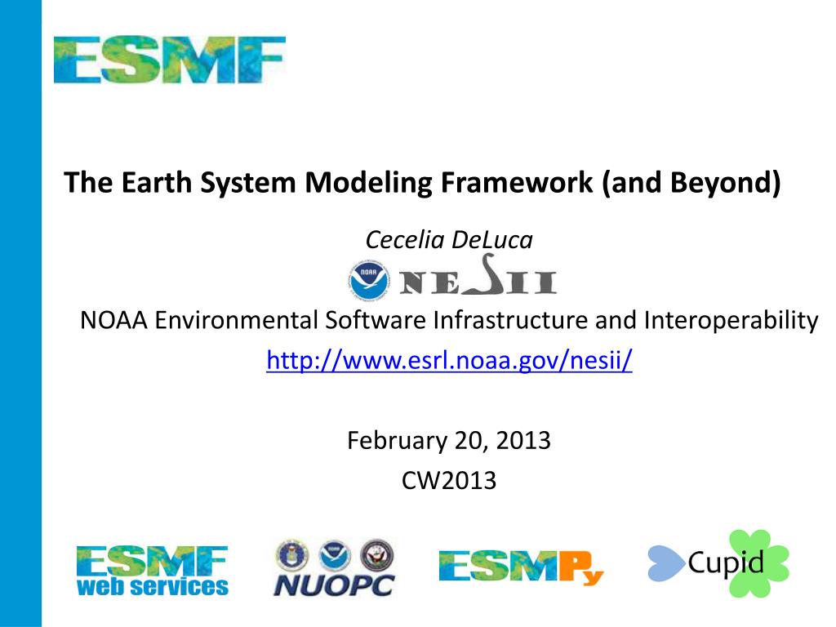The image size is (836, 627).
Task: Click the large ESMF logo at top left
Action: pyautogui.click(x=169, y=60)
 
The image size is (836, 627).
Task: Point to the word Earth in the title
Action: pyautogui.click(x=151, y=182)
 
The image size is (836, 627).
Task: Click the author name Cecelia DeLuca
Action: pyautogui.click(x=448, y=240)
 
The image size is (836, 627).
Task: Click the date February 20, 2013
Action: pyautogui.click(x=448, y=441)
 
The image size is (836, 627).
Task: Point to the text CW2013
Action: pyautogui.click(x=448, y=480)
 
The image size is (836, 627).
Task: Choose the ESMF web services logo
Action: pyautogui.click(x=152, y=570)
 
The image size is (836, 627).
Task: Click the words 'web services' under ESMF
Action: pyautogui.click(x=152, y=586)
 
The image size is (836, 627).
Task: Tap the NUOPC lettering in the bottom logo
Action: pyautogui.click(x=333, y=584)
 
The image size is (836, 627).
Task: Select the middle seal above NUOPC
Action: pyautogui.click(x=334, y=555)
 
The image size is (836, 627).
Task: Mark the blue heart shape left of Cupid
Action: pyautogui.click(x=665, y=563)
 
